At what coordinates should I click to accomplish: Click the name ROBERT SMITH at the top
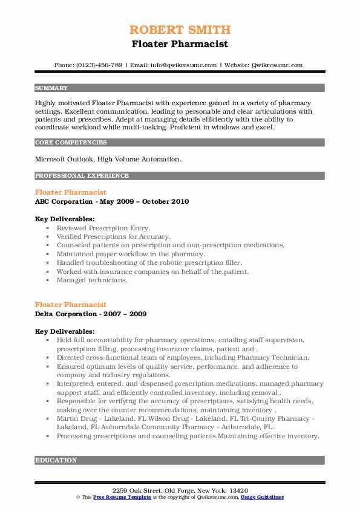coord(180,30)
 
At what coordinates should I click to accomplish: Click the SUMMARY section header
coord(51,88)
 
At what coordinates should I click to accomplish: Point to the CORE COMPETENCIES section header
coord(71,143)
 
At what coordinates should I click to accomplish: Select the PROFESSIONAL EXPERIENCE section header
coord(82,176)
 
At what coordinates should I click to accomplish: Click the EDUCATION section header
coord(56,460)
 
